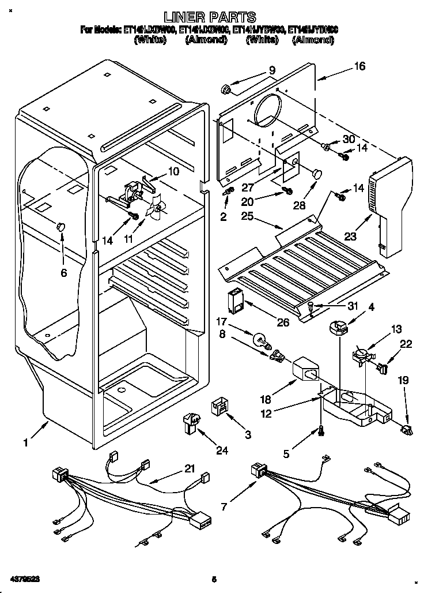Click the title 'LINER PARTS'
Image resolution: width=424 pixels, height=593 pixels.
pyautogui.click(x=210, y=17)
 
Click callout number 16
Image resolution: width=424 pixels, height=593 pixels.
pyautogui.click(x=359, y=66)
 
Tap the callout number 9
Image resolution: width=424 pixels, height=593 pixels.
pyautogui.click(x=272, y=70)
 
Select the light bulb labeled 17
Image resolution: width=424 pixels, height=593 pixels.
pyautogui.click(x=260, y=336)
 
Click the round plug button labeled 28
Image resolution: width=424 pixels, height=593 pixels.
pyautogui.click(x=316, y=172)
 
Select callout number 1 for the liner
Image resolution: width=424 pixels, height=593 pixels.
pyautogui.click(x=25, y=443)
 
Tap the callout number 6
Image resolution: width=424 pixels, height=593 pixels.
pyautogui.click(x=63, y=273)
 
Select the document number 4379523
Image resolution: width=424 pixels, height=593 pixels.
pyautogui.click(x=25, y=577)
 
